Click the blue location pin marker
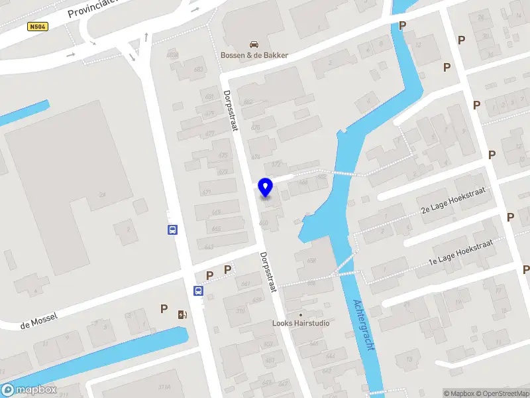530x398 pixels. [266, 188]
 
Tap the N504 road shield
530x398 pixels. [38, 27]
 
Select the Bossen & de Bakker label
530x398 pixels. [254, 55]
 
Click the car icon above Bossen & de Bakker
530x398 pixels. [254, 44]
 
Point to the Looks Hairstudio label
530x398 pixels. [301, 324]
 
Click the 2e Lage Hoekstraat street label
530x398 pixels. [452, 200]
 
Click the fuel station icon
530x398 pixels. [182, 314]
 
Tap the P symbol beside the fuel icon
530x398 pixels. [164, 308]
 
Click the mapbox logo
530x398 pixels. [29, 390]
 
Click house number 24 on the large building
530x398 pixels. [102, 194]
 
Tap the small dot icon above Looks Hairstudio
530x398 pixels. [301, 314]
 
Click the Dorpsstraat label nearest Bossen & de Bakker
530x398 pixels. [231, 111]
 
